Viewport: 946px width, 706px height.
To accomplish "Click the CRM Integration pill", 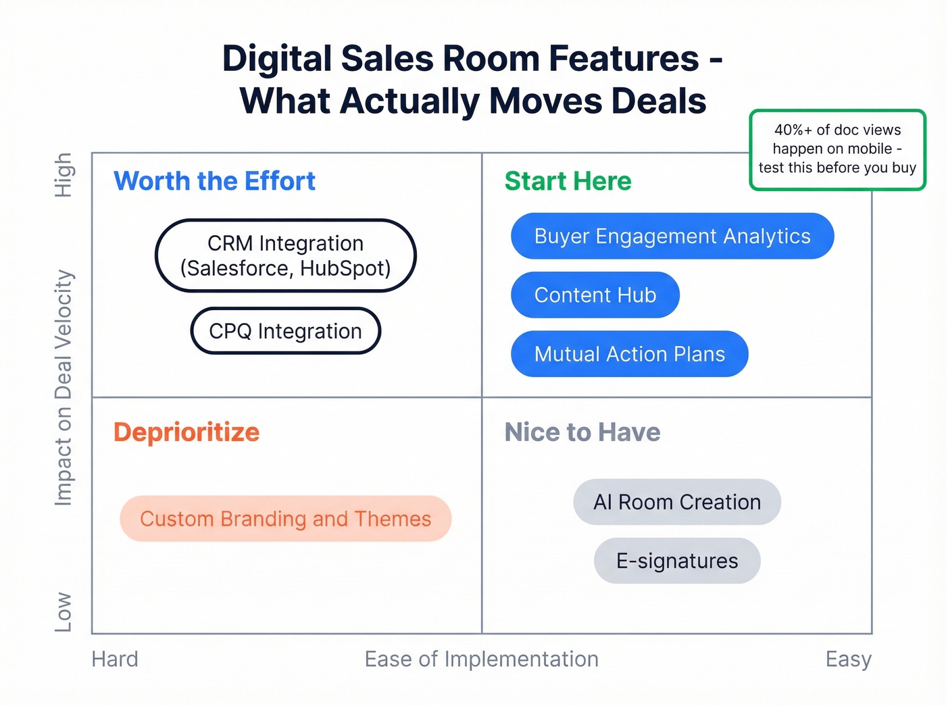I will coord(285,255).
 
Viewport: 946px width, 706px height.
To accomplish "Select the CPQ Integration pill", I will coord(285,331).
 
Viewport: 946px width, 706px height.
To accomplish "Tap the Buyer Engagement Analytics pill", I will coord(672,236).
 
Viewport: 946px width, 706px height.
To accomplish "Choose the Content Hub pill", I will coord(595,295).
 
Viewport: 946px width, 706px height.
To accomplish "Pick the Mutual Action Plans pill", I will coord(629,353).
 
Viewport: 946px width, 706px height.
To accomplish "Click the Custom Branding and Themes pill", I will coord(285,518).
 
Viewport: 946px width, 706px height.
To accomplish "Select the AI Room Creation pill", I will coord(676,502).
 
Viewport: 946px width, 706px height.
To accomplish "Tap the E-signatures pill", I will coord(676,561).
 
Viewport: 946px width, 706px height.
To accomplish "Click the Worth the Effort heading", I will coord(214,181).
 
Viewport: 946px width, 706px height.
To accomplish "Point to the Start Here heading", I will coord(568,181).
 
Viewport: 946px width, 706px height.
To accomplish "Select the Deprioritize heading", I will coord(186,432).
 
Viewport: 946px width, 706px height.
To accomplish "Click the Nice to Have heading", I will coord(582,432).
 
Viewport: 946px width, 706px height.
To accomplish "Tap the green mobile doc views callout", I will coord(837,149).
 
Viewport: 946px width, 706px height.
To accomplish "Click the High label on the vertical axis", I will coord(64,175).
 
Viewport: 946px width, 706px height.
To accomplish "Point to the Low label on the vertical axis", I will coord(64,611).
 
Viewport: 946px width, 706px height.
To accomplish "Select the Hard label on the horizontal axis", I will coord(115,659).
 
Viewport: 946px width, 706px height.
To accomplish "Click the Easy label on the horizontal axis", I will coord(848,659).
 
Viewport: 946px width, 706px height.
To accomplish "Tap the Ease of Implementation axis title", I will coord(481,659).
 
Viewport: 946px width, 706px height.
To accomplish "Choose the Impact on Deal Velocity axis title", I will coord(64,388).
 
